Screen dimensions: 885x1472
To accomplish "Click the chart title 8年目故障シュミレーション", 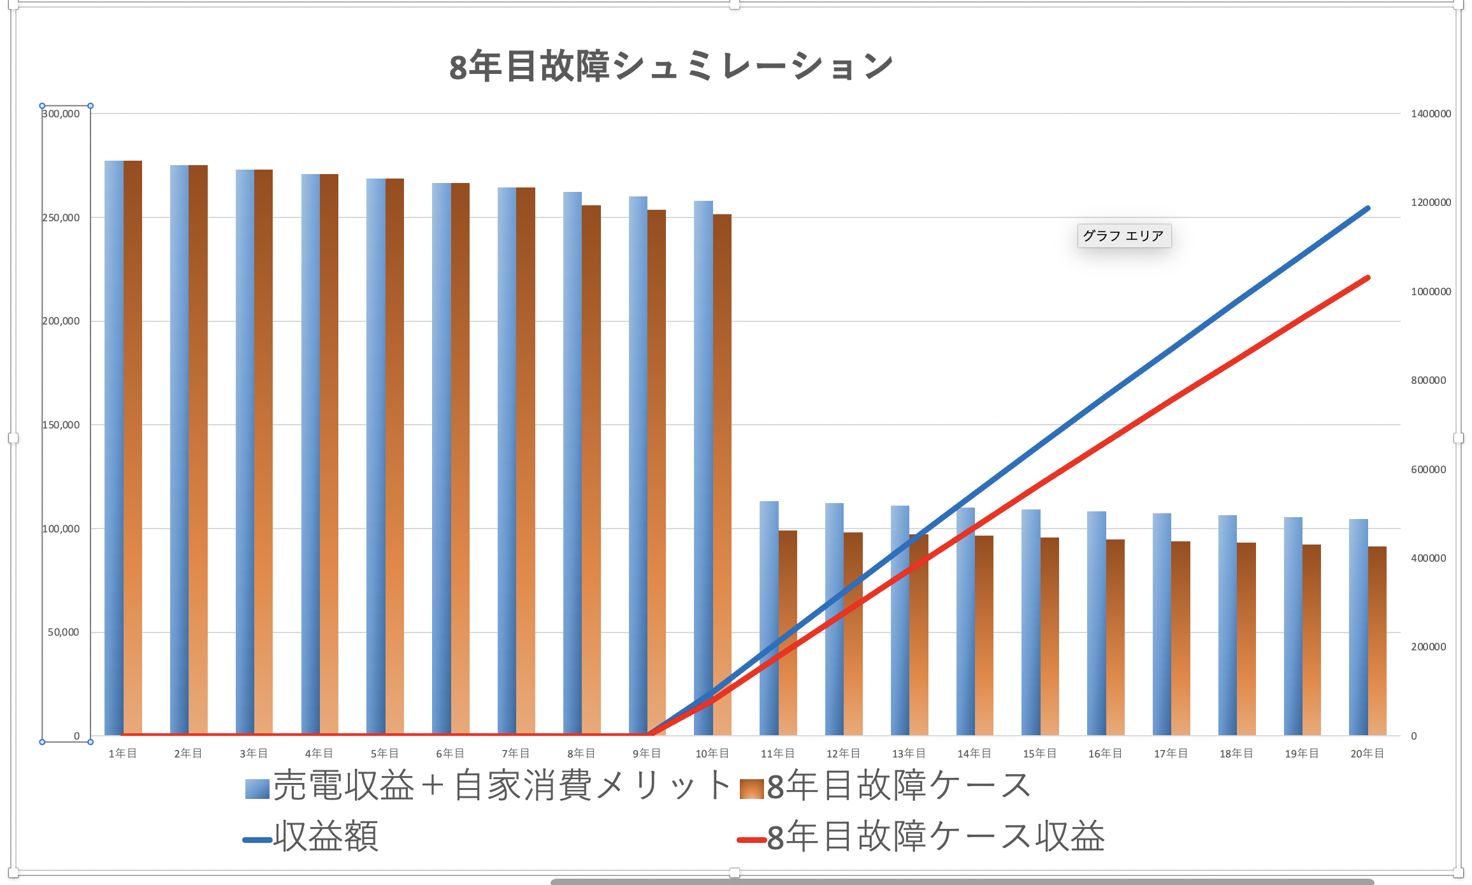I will [x=670, y=66].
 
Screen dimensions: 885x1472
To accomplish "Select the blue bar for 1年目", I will [x=114, y=446].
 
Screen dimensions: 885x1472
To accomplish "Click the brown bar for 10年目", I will [x=722, y=472].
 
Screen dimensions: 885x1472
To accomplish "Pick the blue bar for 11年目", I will [x=769, y=618].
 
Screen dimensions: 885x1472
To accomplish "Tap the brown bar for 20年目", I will [x=1377, y=641].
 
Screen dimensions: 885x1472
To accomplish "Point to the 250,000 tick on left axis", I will [x=61, y=217].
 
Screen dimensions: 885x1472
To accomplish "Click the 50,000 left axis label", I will [x=64, y=632].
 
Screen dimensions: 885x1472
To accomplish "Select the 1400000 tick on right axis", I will [x=1431, y=113].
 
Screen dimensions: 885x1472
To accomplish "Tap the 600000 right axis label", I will [x=1428, y=469].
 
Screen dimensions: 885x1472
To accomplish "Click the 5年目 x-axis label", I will [x=384, y=754].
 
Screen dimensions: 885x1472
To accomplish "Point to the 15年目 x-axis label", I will [x=1039, y=754].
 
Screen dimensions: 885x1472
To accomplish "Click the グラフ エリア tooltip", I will [x=1123, y=236].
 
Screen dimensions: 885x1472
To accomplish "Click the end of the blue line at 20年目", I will [x=1367, y=208].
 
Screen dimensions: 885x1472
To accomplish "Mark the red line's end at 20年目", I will [x=1367, y=278].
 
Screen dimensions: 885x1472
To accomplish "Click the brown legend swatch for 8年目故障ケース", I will [x=751, y=789].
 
